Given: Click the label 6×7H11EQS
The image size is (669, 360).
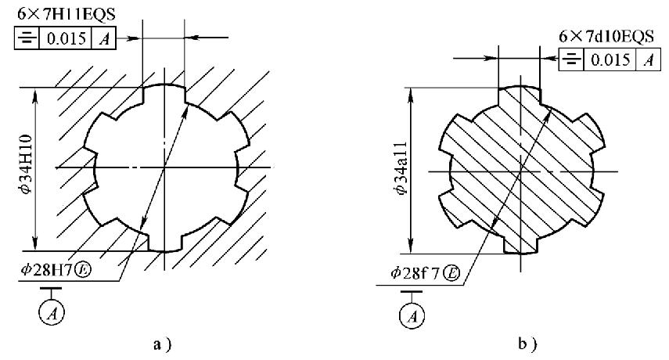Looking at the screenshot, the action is pyautogui.click(x=67, y=14).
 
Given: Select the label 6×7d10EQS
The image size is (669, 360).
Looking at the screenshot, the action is pyautogui.click(x=606, y=36).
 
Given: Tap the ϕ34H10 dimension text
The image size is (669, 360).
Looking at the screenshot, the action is pyautogui.click(x=26, y=164).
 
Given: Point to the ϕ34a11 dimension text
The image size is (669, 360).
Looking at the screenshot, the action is pyautogui.click(x=401, y=167).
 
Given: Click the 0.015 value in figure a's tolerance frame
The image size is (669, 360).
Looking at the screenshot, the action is pyautogui.click(x=66, y=39).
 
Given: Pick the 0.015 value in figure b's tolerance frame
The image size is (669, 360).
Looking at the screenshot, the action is pyautogui.click(x=610, y=59).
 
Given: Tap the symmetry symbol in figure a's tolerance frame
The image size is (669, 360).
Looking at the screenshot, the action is pyautogui.click(x=27, y=39).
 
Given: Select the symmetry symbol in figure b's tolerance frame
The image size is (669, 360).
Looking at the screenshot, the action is pyautogui.click(x=571, y=59).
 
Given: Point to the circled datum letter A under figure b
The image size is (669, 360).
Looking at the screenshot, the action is pyautogui.click(x=412, y=316).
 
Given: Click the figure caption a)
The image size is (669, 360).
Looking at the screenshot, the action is pyautogui.click(x=162, y=344).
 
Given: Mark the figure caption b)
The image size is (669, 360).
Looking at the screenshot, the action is pyautogui.click(x=527, y=344).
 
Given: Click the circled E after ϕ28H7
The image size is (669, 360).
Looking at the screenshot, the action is pyautogui.click(x=83, y=270).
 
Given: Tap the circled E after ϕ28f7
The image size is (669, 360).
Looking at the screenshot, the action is pyautogui.click(x=451, y=273).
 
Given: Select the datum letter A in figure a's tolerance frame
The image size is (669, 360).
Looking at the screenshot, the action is pyautogui.click(x=104, y=39).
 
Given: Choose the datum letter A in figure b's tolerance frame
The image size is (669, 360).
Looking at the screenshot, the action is pyautogui.click(x=648, y=59).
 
